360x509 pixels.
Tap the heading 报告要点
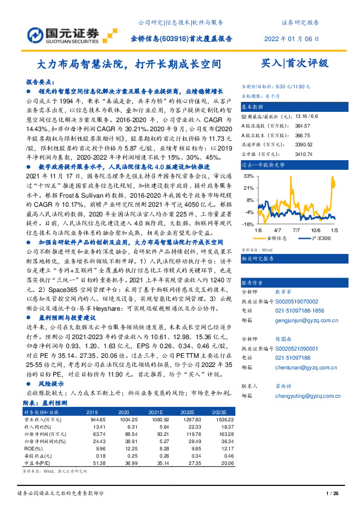[x=38, y=80]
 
